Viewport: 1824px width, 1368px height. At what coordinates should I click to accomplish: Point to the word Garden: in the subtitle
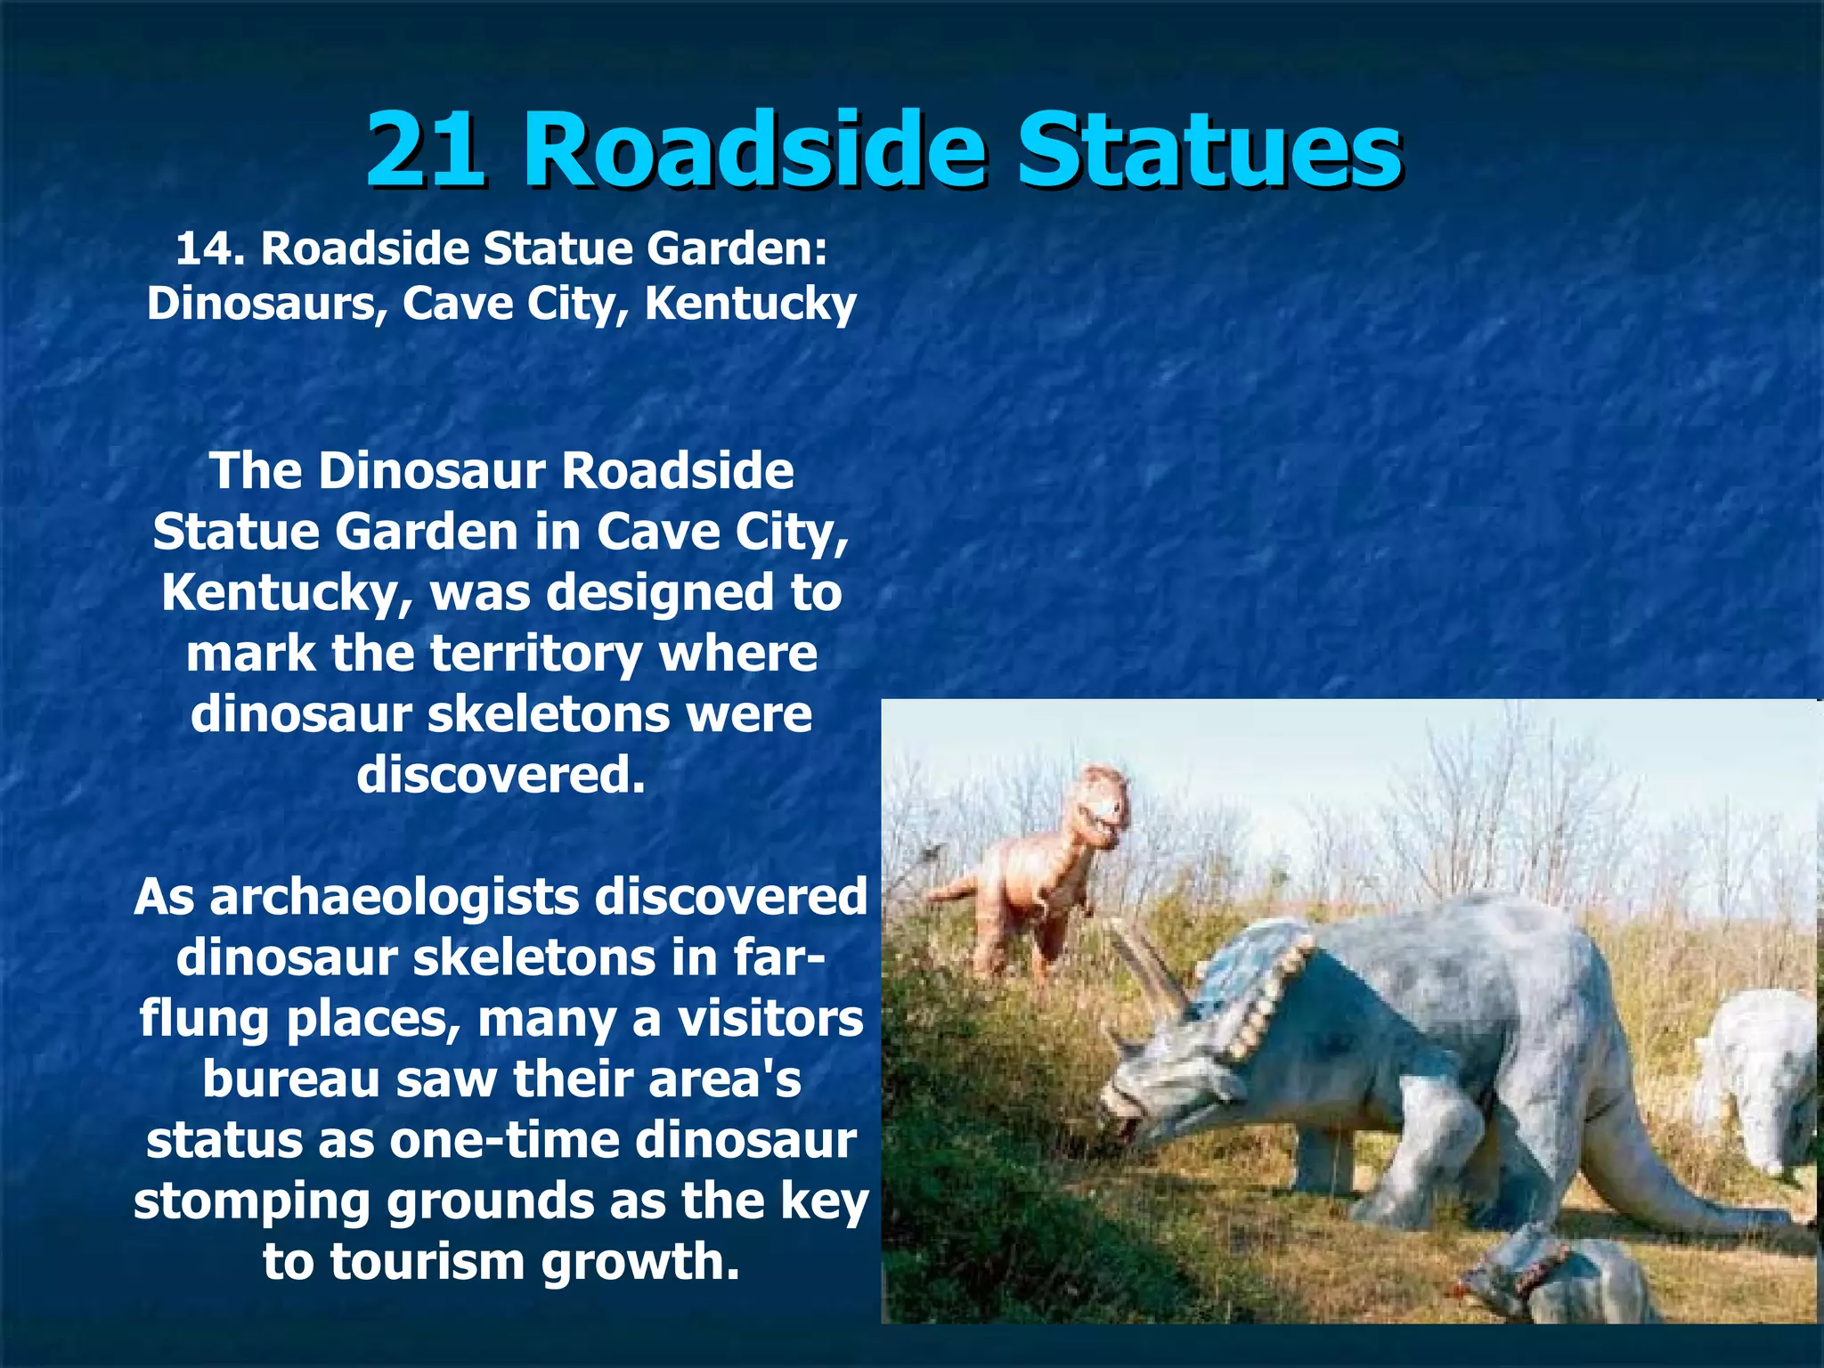pyautogui.click(x=737, y=248)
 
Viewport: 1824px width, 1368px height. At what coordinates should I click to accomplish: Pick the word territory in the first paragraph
pyautogui.click(x=536, y=654)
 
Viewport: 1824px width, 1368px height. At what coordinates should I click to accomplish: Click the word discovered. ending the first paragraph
pyautogui.click(x=501, y=775)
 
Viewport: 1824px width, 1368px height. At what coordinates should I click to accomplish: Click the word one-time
pyautogui.click(x=504, y=1140)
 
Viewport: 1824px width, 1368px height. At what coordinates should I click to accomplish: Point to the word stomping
pyautogui.click(x=251, y=1201)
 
